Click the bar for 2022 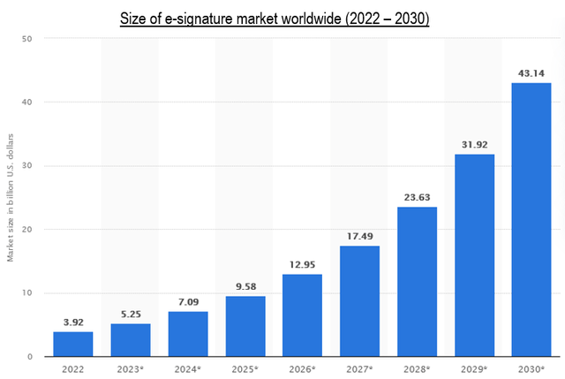click(73, 344)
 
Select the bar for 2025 click(245, 326)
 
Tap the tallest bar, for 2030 click(531, 220)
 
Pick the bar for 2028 click(418, 282)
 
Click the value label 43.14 click(531, 73)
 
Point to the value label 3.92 click(73, 322)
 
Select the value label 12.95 click(302, 265)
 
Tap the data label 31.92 click(475, 145)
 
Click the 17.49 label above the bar click(360, 236)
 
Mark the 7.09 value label click(188, 302)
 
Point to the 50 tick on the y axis click(27, 39)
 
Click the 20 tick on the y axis click(27, 230)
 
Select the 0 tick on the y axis click(29, 357)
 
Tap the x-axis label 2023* click(130, 369)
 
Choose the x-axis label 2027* click(359, 369)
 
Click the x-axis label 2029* click(474, 369)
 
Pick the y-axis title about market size click(10, 198)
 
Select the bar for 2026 click(302, 315)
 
